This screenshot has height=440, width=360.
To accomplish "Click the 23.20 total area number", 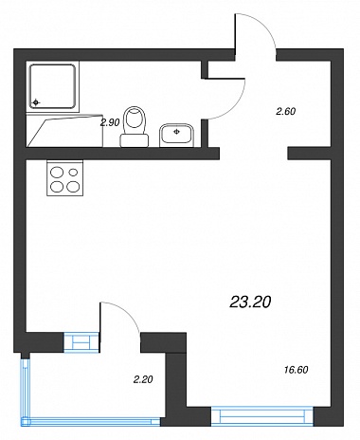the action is (250, 302).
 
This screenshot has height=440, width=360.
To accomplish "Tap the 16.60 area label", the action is (297, 370).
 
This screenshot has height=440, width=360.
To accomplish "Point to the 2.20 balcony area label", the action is (143, 379).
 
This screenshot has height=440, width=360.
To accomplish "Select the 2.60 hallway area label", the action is (286, 111).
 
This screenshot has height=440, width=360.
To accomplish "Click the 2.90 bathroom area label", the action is (110, 122).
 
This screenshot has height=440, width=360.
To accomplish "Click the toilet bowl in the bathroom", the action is (135, 120).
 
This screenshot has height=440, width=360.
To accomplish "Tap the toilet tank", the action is (135, 140).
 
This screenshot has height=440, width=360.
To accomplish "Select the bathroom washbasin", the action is (176, 136).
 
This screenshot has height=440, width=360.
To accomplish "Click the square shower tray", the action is (53, 86).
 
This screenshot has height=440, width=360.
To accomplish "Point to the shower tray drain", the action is (36, 102).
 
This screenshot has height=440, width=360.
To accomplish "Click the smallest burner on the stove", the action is (73, 173).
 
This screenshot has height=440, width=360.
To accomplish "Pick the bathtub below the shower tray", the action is (64, 131).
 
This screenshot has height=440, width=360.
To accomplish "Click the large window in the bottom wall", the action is (262, 416).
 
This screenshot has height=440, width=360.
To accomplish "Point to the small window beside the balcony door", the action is (82, 341).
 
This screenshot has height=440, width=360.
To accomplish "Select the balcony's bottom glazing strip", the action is (91, 422).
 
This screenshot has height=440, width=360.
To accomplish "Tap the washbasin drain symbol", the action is (177, 132).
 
